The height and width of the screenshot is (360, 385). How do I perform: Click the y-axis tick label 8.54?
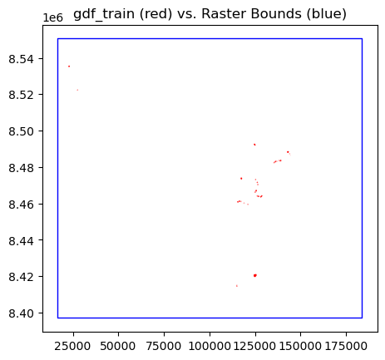pyautogui.click(x=24, y=58)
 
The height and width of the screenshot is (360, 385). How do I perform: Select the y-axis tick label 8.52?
pyautogui.click(x=24, y=95)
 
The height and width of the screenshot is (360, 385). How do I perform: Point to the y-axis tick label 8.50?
pyautogui.click(x=24, y=131)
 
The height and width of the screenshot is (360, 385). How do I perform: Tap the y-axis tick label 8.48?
pyautogui.click(x=24, y=167)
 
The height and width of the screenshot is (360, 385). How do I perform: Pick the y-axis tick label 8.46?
pyautogui.click(x=24, y=204)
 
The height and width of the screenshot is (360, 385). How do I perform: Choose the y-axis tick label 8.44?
pyautogui.click(x=24, y=240)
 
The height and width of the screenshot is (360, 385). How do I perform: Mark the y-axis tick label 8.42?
pyautogui.click(x=24, y=277)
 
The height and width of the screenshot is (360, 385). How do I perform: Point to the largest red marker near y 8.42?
pyautogui.click(x=254, y=275)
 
